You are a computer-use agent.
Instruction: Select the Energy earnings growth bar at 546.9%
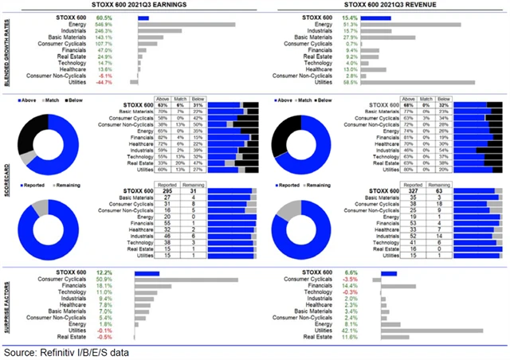click(186, 24)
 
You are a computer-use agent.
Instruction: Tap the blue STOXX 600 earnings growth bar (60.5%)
click(143, 17)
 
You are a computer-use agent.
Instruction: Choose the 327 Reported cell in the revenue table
click(412, 192)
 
